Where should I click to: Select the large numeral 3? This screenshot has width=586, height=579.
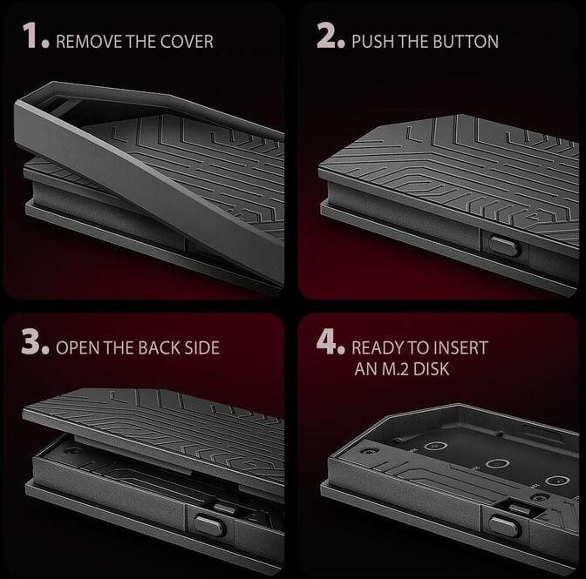point(31,341)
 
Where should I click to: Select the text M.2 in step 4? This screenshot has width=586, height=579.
point(394,369)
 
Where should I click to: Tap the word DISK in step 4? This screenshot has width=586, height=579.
point(431,369)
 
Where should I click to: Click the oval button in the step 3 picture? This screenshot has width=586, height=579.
point(209,524)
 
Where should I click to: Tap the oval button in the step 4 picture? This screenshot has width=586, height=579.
point(505,525)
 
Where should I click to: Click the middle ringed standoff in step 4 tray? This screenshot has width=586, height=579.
point(497,464)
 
